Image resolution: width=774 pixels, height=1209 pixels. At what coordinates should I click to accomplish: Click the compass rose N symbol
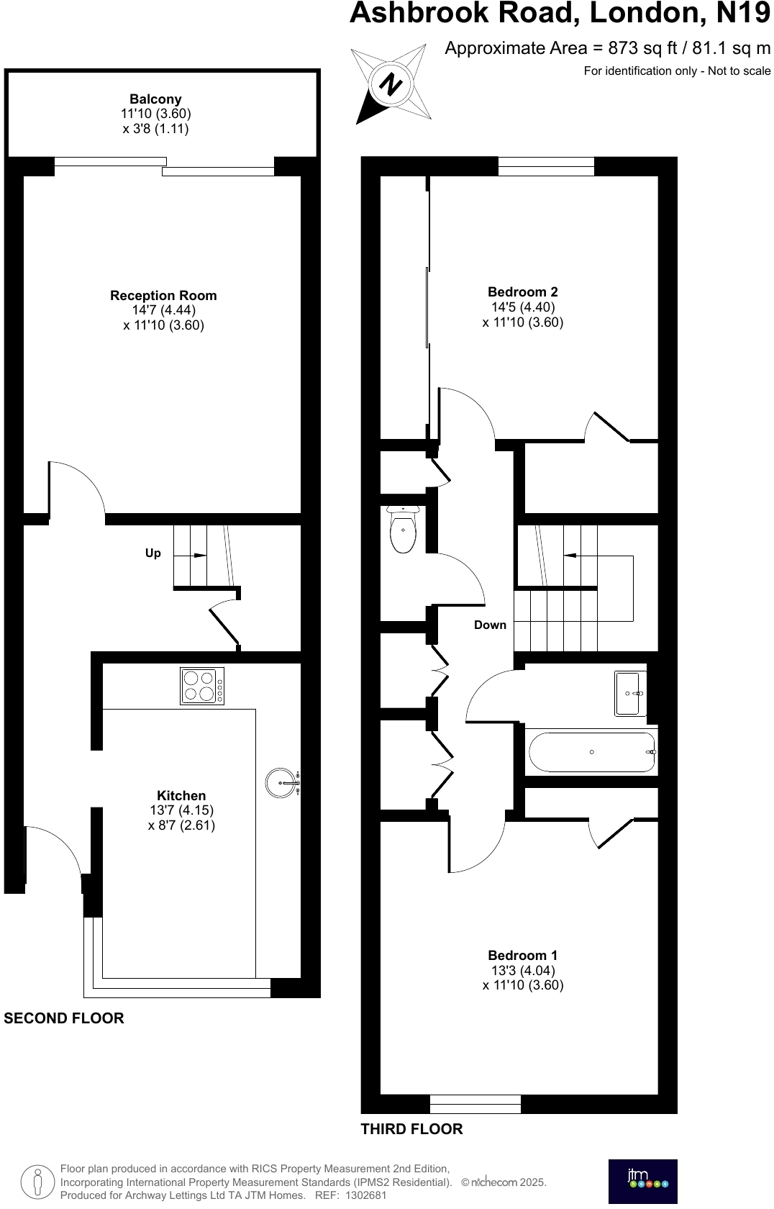[391, 84]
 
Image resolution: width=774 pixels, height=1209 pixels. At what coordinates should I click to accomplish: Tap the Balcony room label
[155, 99]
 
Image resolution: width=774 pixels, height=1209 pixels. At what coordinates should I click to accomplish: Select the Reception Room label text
[163, 296]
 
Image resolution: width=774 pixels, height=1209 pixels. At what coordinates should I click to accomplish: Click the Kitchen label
[181, 796]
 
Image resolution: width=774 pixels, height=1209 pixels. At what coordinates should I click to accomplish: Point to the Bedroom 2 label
[522, 292]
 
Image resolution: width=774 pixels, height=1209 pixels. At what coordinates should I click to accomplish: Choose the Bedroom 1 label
[522, 956]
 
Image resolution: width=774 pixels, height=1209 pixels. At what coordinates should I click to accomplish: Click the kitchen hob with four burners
[201, 686]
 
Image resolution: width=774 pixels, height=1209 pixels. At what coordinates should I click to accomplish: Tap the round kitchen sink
[281, 782]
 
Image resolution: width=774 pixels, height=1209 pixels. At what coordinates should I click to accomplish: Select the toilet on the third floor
[403, 530]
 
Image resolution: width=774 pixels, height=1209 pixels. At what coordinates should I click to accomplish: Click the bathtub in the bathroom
[591, 752]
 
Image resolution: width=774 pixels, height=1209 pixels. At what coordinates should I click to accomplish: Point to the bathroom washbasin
[629, 693]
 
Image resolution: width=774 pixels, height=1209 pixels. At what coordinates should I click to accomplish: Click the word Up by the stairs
[153, 553]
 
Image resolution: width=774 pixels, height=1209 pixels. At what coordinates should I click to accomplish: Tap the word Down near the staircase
[490, 625]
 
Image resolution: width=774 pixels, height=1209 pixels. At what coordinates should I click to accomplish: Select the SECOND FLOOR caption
[64, 1018]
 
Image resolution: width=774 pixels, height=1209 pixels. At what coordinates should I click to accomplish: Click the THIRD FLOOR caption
[411, 1129]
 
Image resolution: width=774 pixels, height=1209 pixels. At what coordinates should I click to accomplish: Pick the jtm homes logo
[642, 1181]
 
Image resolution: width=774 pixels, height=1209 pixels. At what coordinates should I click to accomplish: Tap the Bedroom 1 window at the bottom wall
[475, 1104]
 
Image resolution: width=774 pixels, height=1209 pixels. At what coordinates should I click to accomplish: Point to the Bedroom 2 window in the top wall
[546, 166]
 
